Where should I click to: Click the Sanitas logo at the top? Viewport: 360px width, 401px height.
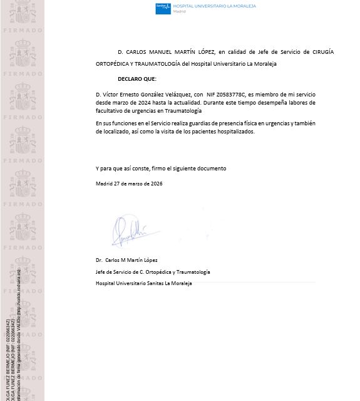163,8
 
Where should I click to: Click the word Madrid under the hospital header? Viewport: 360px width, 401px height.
180,12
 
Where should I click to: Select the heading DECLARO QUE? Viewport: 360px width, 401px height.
137,79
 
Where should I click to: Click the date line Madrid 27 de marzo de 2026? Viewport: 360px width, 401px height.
129,184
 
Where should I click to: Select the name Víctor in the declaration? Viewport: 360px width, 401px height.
111,94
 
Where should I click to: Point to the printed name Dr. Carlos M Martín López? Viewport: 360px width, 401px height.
126,260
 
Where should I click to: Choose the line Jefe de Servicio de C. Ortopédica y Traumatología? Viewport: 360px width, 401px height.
153,272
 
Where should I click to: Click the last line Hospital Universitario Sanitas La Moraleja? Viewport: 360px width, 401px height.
143,283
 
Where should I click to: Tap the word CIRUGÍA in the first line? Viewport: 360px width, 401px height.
322,52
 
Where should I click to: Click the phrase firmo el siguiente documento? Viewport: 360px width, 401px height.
194,169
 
